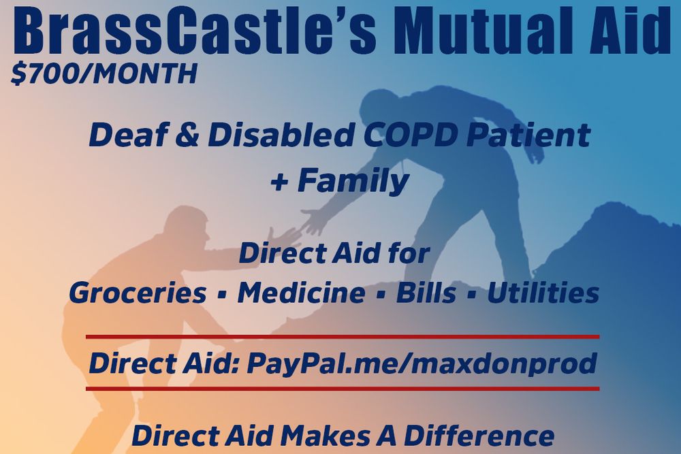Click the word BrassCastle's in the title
coord(195,31)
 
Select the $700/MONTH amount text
coord(104,74)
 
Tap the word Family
coord(353,180)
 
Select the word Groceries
coord(138,293)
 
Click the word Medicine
coord(302,293)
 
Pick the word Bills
coord(426,293)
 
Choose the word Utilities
coord(543,293)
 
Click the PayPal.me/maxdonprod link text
coord(422,363)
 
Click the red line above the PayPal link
coord(343,336)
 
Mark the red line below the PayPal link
coord(343,389)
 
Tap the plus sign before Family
coord(279,182)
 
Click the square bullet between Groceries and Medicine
coord(222,295)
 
